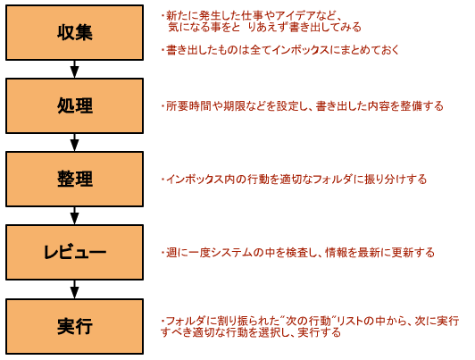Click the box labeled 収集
pyautogui.click(x=74, y=32)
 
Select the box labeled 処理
pyautogui.click(x=74, y=105)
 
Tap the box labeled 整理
pyautogui.click(x=74, y=179)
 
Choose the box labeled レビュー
pyautogui.click(x=74, y=253)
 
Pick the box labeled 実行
pyautogui.click(x=74, y=326)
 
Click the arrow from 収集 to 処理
pyautogui.click(x=74, y=69)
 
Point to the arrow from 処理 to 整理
pyautogui.click(x=74, y=142)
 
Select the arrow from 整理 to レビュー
pyautogui.click(x=74, y=216)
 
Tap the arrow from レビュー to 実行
pyautogui.click(x=74, y=289)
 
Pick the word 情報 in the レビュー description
pyautogui.click(x=336, y=253)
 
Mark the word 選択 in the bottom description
pyautogui.click(x=269, y=332)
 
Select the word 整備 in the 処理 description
pyautogui.click(x=411, y=106)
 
